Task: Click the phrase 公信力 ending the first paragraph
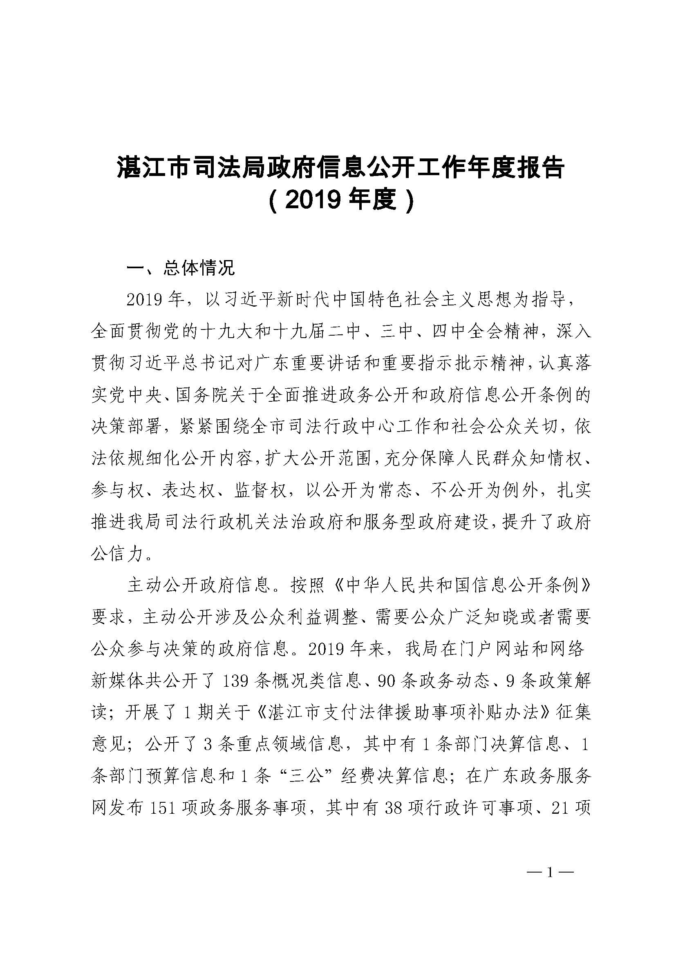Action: point(117,554)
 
